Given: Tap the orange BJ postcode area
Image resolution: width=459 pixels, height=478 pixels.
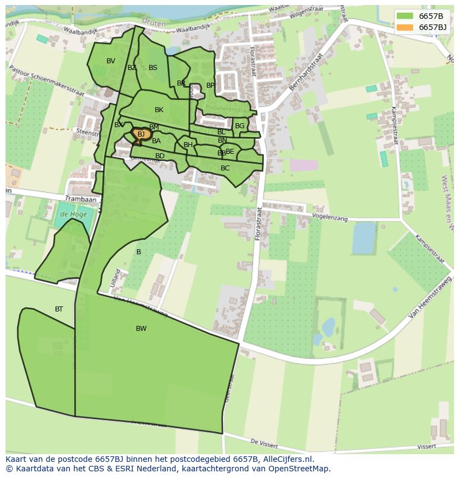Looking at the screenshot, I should (x=141, y=134).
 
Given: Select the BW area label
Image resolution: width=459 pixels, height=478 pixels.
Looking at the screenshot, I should (x=141, y=329).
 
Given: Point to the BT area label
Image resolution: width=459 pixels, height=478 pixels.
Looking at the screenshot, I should (x=59, y=309).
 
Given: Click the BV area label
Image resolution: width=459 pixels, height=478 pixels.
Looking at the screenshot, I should (x=111, y=61).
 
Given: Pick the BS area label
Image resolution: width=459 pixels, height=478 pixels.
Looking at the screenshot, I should (x=153, y=68).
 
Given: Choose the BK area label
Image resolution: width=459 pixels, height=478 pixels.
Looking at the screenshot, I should (x=159, y=110).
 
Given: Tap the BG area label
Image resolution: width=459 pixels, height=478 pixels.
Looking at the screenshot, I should (x=239, y=126).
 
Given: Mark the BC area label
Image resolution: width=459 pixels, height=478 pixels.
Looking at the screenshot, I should (x=225, y=168).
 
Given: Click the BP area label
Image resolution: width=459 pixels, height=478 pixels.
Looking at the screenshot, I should (x=210, y=85).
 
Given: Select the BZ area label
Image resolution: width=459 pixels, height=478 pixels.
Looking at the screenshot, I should (x=132, y=68).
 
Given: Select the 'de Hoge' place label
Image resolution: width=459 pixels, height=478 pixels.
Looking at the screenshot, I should (x=71, y=214).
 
